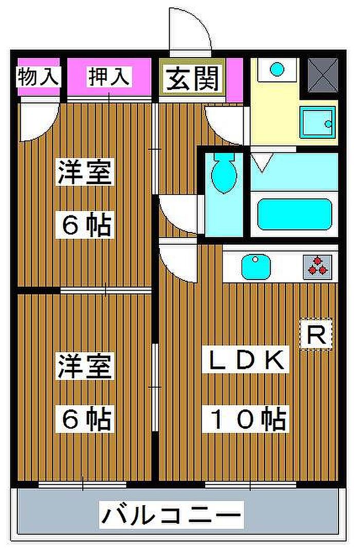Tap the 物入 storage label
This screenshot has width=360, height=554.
pos(39,77)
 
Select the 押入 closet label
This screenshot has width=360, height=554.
pos(109,77)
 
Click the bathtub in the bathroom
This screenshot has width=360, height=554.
pos(294,214)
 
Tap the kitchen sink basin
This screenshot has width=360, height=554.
pos(256,267)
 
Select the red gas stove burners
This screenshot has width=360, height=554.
pos(318,266)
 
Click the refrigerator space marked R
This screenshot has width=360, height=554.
pos(316,334)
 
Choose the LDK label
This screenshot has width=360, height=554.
pos(246,360)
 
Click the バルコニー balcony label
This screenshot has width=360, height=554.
pos(171,514)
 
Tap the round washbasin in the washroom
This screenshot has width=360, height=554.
pos(277,69)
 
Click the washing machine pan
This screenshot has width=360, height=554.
pos(317,122)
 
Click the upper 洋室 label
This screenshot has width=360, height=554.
pos(85,172)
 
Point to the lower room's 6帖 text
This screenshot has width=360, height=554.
pos(85,419)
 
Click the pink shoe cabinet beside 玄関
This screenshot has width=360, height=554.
pos(235,80)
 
